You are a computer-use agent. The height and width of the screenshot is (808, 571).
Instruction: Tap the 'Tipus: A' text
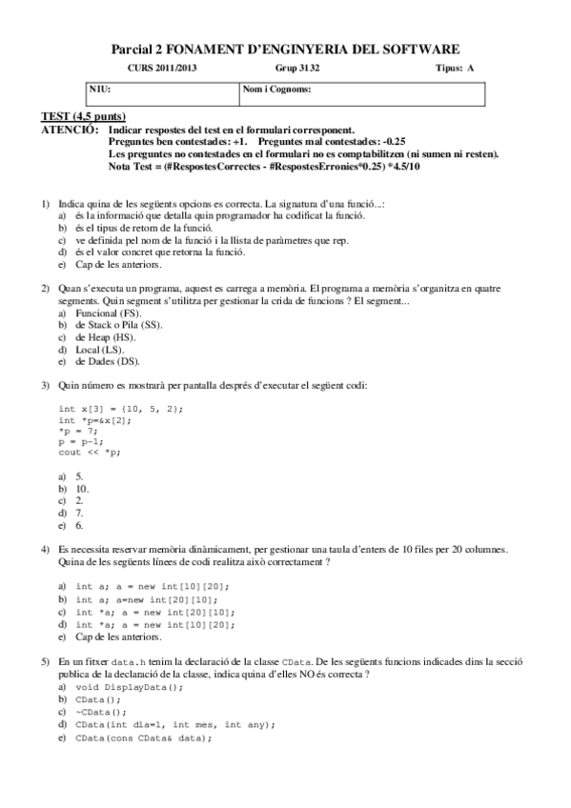point(454,69)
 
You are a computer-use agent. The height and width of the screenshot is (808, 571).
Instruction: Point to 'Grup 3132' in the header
point(298,69)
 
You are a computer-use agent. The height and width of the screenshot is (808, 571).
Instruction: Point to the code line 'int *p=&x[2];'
point(95,418)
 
